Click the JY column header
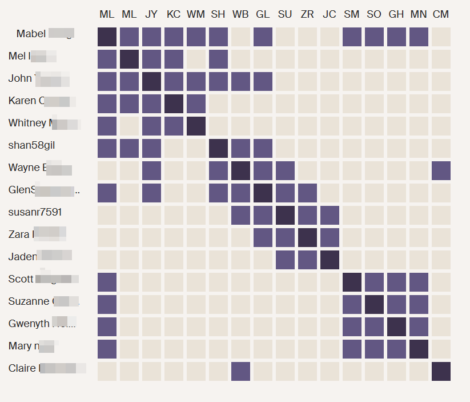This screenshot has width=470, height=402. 151,14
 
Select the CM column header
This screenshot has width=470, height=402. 441,14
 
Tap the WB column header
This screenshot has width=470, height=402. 240,14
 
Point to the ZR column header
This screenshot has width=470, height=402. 307,14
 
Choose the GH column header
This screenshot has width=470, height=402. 396,14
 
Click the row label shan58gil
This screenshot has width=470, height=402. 31,145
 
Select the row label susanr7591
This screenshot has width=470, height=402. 35,212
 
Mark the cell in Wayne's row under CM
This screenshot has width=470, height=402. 441,170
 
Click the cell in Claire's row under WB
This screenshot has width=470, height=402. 240,371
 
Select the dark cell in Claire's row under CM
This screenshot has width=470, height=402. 441,371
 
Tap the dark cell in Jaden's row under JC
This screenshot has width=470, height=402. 330,260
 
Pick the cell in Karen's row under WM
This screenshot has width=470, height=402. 196,104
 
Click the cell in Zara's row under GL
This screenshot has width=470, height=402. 263,237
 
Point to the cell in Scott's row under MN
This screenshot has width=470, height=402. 419,282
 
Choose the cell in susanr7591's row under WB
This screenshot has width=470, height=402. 240,215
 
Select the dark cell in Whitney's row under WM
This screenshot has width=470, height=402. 196,126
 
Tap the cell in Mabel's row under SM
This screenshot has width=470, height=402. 352,37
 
